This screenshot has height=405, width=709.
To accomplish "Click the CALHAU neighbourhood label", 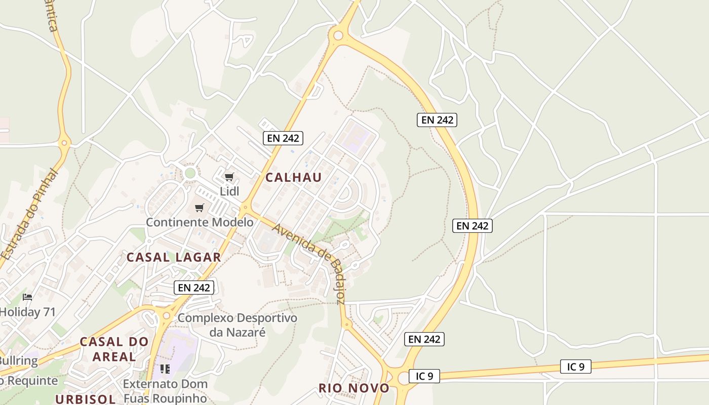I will pos(293,177).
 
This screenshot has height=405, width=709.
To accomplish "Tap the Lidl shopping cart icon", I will pos(229,177).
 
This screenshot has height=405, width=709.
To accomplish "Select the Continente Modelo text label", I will pos(200,222).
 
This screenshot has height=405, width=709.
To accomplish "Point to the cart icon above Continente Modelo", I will pos(200,208).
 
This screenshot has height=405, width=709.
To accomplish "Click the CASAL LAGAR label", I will pos(174,257).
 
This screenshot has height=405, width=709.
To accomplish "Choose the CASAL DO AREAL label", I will pos(114,349).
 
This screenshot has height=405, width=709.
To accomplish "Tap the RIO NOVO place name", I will pos(354,388).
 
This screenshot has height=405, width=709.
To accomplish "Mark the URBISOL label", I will pos(86,399).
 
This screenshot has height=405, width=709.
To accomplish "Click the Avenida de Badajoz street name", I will pos(309,263).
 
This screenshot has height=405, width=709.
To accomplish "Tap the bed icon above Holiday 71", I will pos(27,297).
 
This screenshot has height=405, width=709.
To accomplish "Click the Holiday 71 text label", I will pos(27,312).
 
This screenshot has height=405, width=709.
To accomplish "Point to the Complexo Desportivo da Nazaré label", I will pos(237,325).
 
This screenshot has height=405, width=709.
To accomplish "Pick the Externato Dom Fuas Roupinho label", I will pos(165,391).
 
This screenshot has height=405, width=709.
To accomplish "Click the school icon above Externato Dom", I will pos(165,369).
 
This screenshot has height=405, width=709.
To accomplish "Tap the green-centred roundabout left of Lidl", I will pos(190,173).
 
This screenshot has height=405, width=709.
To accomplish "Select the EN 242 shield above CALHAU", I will pos(283,138).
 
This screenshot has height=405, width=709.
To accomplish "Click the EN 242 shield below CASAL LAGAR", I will pos(194,288).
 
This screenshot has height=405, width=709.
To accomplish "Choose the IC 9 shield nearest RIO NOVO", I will pos(424,376).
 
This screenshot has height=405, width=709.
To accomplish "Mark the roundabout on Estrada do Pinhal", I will pos(64,143).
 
